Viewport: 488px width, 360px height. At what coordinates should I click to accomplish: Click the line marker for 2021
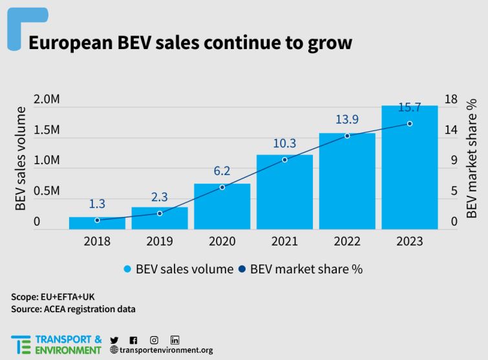284,160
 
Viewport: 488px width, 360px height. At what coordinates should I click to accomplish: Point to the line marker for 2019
160,213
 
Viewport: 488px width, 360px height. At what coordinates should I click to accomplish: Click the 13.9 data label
347,120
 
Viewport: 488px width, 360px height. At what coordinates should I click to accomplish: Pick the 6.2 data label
222,171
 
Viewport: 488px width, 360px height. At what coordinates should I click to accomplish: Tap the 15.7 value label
409,106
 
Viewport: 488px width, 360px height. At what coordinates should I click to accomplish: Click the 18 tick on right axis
451,99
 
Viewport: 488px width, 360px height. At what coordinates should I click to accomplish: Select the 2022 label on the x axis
347,241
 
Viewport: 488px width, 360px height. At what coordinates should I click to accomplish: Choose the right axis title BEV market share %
472,159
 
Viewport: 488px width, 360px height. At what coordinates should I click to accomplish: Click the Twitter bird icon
114,340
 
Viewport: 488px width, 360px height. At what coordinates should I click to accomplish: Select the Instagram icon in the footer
154,340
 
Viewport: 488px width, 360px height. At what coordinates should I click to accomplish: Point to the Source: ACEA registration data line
73,309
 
